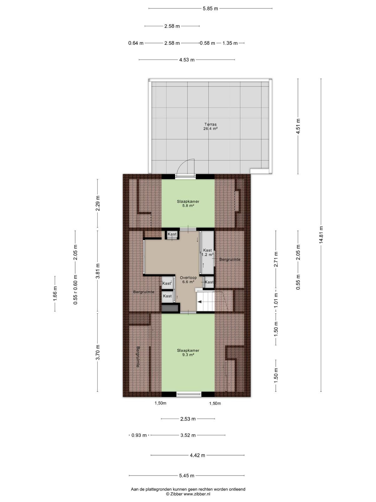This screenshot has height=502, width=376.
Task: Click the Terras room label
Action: (210, 126)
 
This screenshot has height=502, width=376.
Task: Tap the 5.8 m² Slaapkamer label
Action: (188, 203)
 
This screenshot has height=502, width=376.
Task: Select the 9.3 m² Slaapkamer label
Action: (188, 352)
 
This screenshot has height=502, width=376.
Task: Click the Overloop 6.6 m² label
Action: (188, 280)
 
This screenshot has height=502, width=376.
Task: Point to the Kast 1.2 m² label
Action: (207, 252)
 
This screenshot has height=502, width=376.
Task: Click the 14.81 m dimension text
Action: (321, 235)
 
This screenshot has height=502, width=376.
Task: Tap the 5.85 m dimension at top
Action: (210, 9)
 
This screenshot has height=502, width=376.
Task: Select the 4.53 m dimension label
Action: (187, 60)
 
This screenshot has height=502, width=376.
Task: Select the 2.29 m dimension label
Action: (97, 203)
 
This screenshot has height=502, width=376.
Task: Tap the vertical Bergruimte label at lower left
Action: (138, 357)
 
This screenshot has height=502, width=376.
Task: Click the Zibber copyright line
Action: (188, 494)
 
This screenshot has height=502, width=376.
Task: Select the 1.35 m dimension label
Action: (230, 43)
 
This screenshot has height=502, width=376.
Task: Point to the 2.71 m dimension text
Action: (276, 259)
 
